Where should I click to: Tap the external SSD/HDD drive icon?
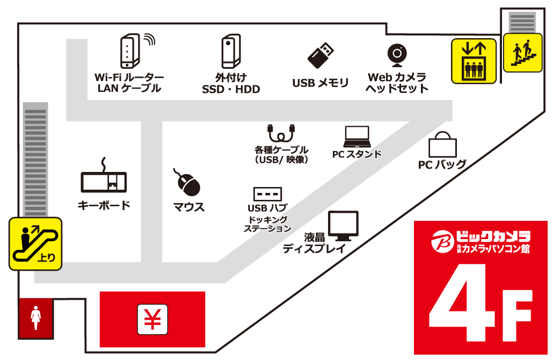click(230, 51)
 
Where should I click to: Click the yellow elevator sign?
click(474, 61)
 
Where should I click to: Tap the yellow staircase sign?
click(522, 52)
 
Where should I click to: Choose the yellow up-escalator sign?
click(35, 243)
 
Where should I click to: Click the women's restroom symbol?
click(36, 318)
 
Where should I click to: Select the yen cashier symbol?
click(153, 319)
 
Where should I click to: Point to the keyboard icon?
click(104, 179)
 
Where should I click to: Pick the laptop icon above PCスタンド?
click(357, 137)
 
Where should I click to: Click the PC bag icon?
click(442, 145)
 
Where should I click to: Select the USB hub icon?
click(267, 193)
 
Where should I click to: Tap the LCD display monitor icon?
click(343, 226)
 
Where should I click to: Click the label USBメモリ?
click(321, 83)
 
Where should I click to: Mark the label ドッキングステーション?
click(267, 224)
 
